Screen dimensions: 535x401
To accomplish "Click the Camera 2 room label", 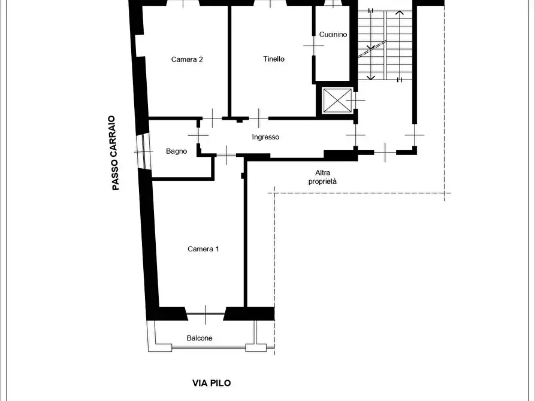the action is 187,59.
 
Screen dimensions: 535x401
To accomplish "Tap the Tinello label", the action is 274,59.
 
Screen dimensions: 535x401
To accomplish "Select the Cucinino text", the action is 333,35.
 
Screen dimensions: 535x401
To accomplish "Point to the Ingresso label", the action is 265,137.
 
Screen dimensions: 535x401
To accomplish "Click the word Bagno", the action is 176,151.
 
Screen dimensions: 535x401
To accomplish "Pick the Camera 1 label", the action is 203,249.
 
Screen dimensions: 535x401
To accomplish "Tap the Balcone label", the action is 200,338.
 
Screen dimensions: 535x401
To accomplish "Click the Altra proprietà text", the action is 322,177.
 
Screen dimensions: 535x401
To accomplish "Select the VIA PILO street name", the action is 211,383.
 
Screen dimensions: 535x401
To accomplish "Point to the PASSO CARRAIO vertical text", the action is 115,153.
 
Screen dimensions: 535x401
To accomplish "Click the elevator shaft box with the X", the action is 337,101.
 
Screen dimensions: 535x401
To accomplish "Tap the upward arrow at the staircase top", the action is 400,13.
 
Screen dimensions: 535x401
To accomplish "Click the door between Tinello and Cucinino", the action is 313,45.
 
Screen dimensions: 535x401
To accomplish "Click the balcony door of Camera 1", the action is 205,314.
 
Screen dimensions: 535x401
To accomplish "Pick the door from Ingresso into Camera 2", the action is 212,118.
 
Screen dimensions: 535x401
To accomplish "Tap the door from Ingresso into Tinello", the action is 259,118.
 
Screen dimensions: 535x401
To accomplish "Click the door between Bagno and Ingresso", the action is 198,135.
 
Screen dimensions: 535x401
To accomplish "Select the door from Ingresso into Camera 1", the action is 226,155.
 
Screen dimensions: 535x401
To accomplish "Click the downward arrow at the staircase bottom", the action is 371,78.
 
